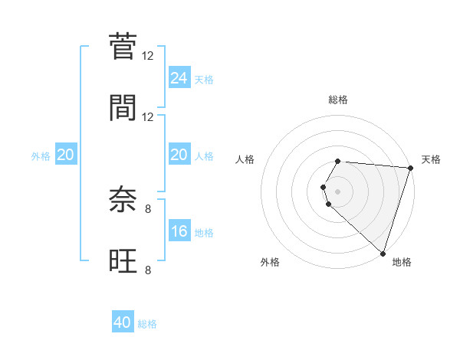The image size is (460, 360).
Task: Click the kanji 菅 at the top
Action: tap(123, 47)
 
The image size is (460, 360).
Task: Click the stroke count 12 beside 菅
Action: tap(148, 56)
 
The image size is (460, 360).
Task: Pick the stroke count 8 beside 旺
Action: tap(148, 269)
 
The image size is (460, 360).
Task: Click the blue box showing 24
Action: tap(179, 78)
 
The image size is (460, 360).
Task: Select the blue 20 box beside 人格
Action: tap(179, 155)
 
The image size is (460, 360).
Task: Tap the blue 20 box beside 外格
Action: tap(66, 155)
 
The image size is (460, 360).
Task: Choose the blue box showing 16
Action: tap(179, 231)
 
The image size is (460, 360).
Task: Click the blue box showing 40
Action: tap(123, 322)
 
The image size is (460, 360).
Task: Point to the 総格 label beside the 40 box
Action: tap(147, 324)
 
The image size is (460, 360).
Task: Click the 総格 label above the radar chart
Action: tap(338, 100)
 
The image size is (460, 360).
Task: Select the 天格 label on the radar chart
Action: tap(431, 159)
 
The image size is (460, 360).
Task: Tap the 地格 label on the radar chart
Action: tap(402, 262)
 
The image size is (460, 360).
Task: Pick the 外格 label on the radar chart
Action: tap(270, 262)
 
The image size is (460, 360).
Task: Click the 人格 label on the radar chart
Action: tap(245, 159)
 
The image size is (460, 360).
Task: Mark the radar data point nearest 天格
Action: tap(410, 168)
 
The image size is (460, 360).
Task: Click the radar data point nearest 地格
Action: tap(383, 253)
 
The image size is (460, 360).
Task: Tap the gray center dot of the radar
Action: tap(338, 191)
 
